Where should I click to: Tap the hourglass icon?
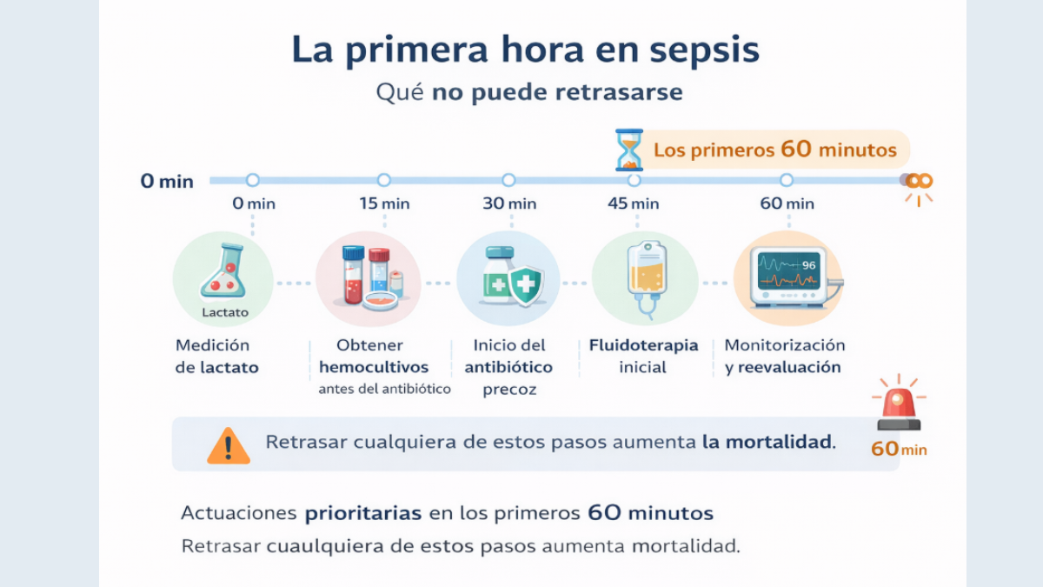(628, 150)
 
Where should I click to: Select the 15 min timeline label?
(384, 203)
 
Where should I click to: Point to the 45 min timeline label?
(634, 203)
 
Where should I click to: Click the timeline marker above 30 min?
(508, 180)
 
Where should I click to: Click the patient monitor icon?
(787, 277)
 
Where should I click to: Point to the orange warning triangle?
(228, 444)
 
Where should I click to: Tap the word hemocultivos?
(374, 368)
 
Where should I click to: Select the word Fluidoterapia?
(644, 345)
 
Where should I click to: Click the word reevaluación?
(789, 368)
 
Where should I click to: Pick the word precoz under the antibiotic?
(509, 390)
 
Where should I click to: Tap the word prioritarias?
(363, 513)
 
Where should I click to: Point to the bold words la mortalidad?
(767, 442)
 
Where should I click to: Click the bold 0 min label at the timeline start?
(167, 182)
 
